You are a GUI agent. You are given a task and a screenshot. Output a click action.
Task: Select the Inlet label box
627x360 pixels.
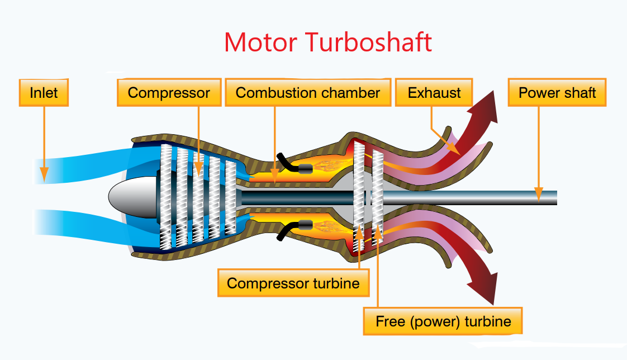coord(44,92)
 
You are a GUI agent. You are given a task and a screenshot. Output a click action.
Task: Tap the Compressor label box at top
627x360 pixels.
coord(169,92)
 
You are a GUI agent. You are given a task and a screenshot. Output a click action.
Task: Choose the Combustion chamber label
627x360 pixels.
coord(308,92)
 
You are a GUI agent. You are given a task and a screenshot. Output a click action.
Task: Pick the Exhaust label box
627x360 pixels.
coord(434,92)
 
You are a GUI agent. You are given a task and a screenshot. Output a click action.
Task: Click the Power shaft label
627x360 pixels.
coord(557,92)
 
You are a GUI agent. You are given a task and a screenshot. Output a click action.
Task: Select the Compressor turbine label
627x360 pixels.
coord(293,283)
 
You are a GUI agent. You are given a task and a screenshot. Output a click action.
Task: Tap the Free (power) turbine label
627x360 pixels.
coord(443,321)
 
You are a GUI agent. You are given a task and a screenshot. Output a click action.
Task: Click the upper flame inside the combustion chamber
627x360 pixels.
coord(330,165)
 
